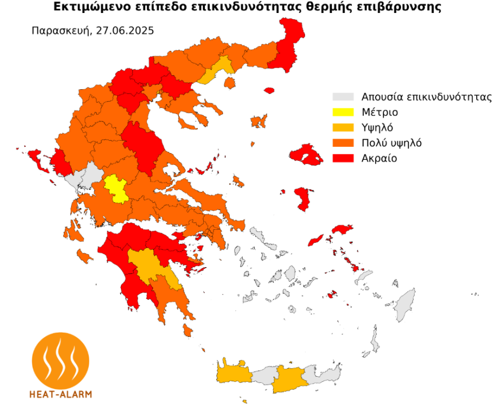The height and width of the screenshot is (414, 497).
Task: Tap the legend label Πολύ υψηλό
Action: point(391,143)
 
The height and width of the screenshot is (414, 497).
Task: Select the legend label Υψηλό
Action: point(377,128)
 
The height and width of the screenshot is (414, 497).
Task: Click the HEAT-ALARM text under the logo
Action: point(60,394)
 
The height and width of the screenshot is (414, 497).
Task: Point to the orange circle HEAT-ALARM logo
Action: point(60,360)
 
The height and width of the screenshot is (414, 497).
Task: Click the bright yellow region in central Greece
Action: point(117,188)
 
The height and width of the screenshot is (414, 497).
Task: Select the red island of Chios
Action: point(304,199)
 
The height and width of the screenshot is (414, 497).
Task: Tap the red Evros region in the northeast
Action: point(285,51)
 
